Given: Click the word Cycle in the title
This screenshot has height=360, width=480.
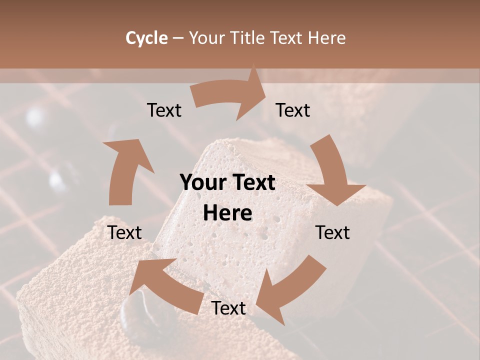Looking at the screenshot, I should coord(146,38).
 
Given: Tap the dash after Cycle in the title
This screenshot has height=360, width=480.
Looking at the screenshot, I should coord(178,38).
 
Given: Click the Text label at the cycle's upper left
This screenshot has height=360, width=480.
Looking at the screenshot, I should coord(164,110).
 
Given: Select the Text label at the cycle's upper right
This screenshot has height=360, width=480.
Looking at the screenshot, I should coord(293,110).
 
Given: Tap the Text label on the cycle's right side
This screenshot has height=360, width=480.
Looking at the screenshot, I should coord(332,233).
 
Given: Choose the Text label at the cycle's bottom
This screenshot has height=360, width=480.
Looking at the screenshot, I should coord(228,308).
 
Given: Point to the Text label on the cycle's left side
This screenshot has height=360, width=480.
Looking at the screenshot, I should coord(125,233).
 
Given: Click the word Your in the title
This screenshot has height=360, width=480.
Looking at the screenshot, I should coord(207,38).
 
